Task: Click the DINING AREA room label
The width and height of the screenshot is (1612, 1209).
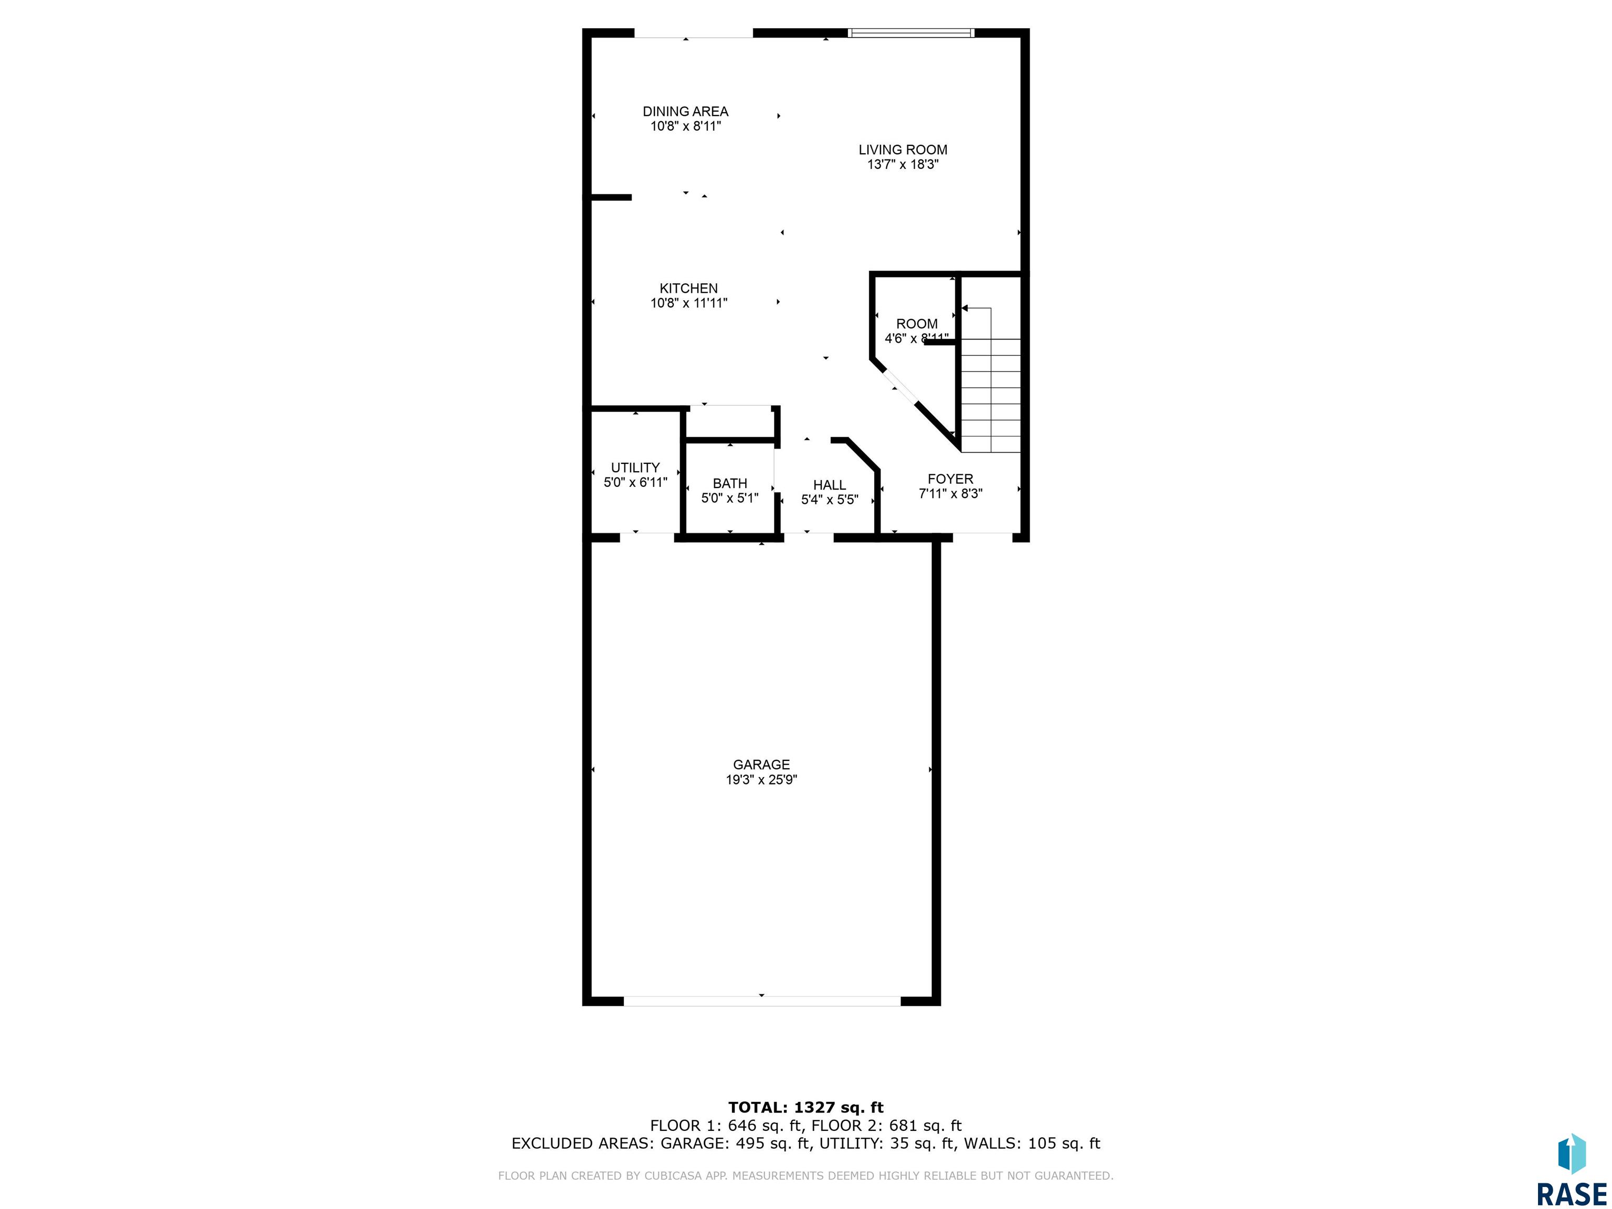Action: coord(685,111)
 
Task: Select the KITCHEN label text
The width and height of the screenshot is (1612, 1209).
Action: coord(688,289)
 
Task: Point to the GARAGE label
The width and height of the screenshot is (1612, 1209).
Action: coord(761,765)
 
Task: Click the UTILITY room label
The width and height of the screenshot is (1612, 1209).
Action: coord(635,468)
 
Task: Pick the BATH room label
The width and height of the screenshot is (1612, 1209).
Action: coord(729,483)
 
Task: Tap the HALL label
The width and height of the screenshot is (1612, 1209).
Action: coord(829,485)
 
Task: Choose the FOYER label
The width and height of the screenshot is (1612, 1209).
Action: coord(950,479)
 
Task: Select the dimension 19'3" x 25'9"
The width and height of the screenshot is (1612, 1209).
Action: coord(761,780)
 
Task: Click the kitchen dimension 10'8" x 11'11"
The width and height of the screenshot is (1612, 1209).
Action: coord(688,303)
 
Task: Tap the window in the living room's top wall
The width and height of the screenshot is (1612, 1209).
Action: coord(911,33)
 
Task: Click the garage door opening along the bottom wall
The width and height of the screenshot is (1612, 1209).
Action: coord(761,1001)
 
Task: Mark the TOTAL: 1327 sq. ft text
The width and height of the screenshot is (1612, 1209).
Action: coord(805,1108)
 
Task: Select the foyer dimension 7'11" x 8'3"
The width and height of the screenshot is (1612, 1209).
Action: coord(950,493)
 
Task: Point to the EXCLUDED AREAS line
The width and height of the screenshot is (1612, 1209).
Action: coord(805,1143)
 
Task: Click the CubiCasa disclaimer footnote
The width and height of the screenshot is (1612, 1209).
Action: coord(805,1175)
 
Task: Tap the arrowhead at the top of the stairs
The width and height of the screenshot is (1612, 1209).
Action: coord(964,308)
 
